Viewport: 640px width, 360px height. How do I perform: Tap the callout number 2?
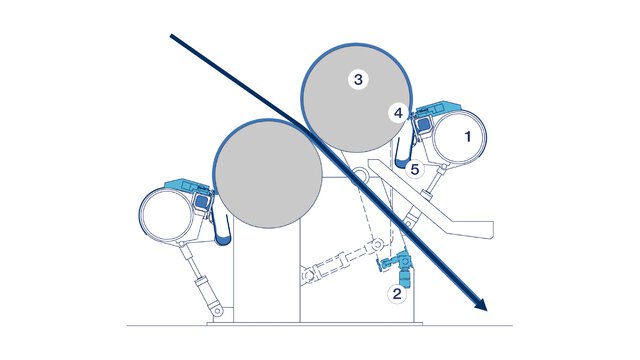click(x=397, y=293)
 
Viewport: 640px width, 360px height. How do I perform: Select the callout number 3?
click(x=355, y=79)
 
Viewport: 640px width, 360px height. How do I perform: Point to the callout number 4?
click(x=398, y=114)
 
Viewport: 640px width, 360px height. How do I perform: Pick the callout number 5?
click(x=415, y=169)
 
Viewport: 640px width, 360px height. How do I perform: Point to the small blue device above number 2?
click(x=396, y=267)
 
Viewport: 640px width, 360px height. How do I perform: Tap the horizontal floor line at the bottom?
click(x=320, y=324)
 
